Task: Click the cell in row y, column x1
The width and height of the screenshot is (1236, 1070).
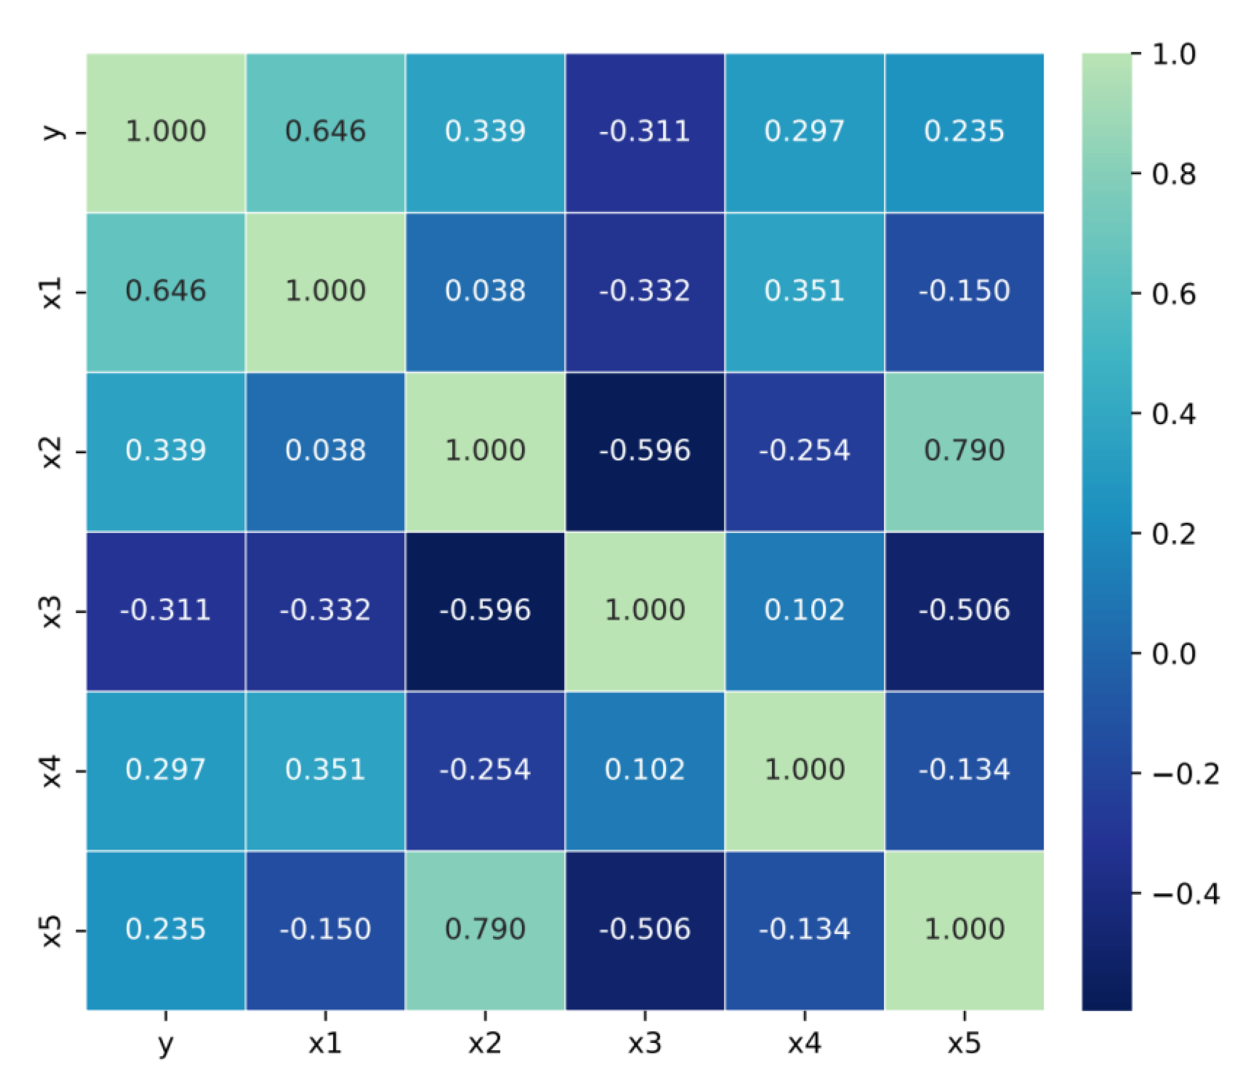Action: pyautogui.click(x=325, y=132)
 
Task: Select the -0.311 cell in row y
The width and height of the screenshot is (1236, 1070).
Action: pyautogui.click(x=645, y=132)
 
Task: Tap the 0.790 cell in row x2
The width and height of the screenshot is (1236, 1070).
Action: pyautogui.click(x=964, y=451)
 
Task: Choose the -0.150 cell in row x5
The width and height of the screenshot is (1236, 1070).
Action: pyautogui.click(x=325, y=930)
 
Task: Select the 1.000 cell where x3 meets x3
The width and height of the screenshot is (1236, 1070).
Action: pyautogui.click(x=645, y=610)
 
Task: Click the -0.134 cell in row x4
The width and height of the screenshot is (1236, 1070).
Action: pyautogui.click(x=964, y=770)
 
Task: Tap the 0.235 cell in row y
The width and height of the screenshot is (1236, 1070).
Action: pyautogui.click(x=964, y=132)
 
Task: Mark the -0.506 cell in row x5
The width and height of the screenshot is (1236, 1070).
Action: pyautogui.click(x=645, y=930)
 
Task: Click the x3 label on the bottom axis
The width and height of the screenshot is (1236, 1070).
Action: pyautogui.click(x=645, y=1043)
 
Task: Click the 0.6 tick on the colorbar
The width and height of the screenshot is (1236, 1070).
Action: pyautogui.click(x=1173, y=294)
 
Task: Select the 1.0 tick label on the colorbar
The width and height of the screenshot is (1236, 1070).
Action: pyautogui.click(x=1173, y=55)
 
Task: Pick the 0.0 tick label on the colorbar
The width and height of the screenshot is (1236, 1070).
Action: pyautogui.click(x=1173, y=654)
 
